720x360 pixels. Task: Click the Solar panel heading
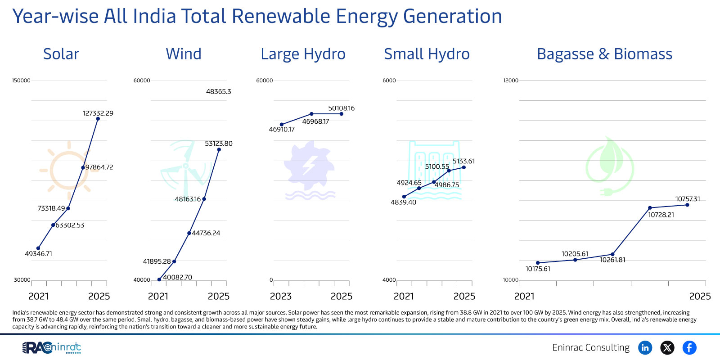point(61,54)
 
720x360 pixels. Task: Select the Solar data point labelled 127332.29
point(98,118)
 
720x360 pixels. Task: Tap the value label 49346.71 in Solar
point(38,254)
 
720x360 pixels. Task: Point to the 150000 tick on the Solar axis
point(21,81)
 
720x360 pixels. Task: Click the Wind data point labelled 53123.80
point(219,149)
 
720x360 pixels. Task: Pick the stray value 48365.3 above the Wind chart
point(218,91)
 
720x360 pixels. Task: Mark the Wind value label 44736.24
point(206,233)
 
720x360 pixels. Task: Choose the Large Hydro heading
point(303,54)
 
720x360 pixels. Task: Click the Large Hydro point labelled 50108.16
point(342,114)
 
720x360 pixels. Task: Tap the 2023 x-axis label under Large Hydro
point(280,296)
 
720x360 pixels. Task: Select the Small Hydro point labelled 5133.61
point(463,167)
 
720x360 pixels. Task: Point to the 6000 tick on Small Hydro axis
point(389,81)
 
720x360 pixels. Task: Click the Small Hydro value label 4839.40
point(403,202)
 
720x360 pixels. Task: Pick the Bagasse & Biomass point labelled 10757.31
point(687,205)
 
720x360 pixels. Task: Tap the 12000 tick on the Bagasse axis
point(511,81)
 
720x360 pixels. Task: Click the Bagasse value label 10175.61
point(538,269)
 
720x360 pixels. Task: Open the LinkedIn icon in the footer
point(645,347)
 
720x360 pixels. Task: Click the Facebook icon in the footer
point(689,347)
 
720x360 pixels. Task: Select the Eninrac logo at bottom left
point(51,347)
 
